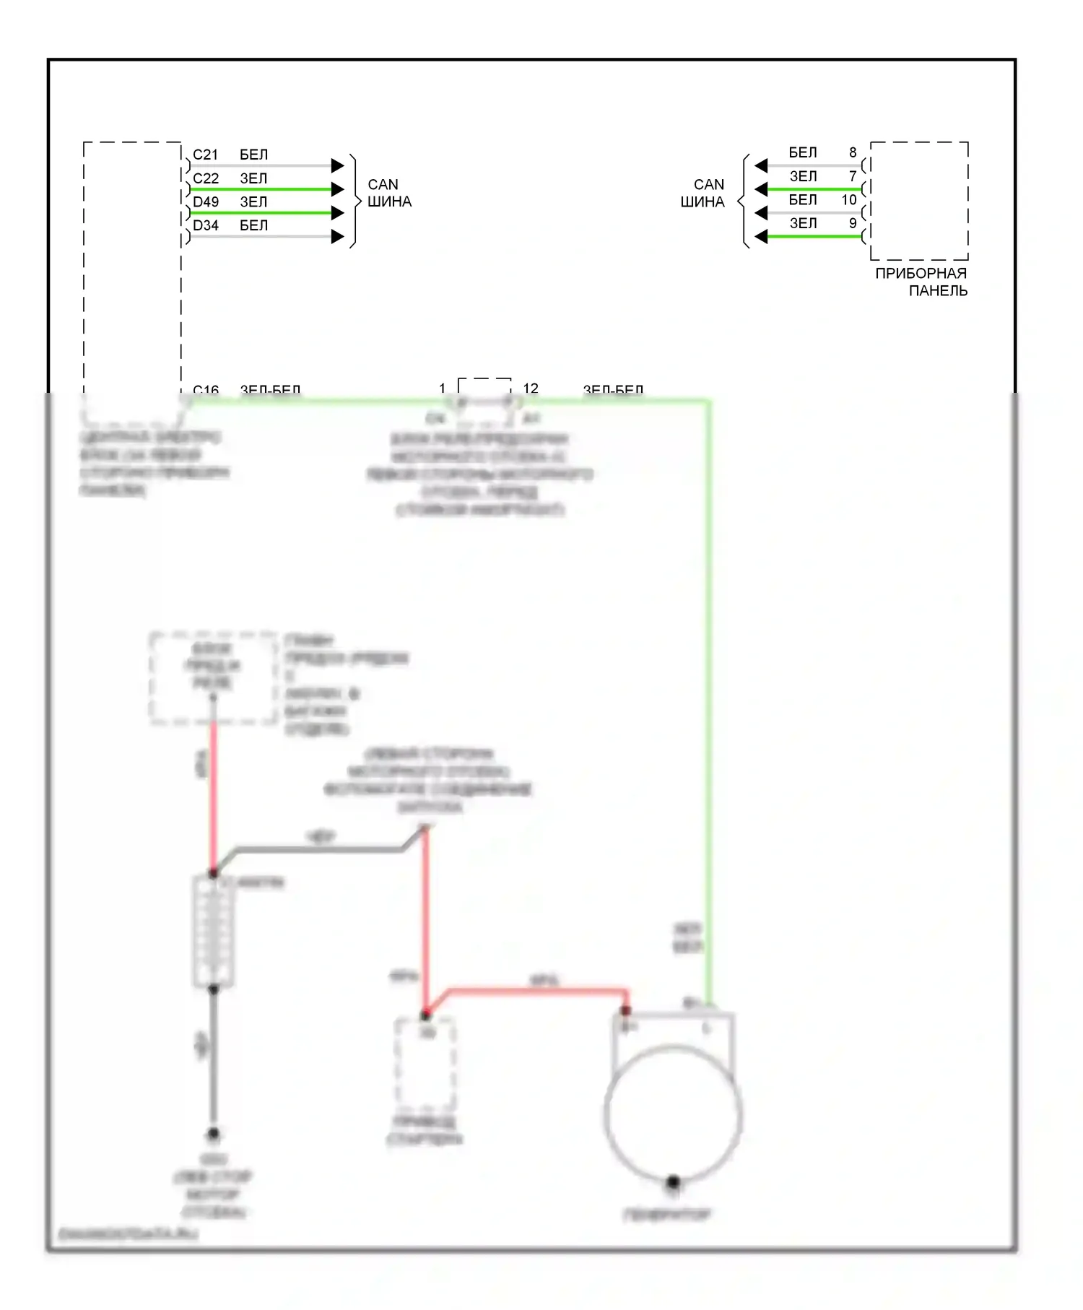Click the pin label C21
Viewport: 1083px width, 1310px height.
[205, 155]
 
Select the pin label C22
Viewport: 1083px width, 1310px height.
[205, 178]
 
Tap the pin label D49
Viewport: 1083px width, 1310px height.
[205, 201]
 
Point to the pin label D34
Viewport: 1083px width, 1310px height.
[205, 225]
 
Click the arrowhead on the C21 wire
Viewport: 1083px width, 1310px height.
[338, 165]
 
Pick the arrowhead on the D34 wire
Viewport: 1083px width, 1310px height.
[338, 236]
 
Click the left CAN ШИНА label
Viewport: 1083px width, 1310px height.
[389, 194]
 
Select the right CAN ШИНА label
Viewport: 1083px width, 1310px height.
[703, 194]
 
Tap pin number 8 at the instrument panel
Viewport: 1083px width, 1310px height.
[853, 152]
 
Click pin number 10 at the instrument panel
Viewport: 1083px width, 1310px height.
[849, 199]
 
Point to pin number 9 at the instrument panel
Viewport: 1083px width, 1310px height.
[853, 223]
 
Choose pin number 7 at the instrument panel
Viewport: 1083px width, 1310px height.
[853, 176]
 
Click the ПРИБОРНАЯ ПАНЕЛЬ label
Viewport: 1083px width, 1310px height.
[921, 282]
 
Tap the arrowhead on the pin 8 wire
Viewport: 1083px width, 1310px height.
[761, 165]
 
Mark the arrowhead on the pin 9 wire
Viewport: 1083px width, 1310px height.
[761, 236]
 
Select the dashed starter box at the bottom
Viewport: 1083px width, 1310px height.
[425, 1065]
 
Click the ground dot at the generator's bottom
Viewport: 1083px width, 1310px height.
[673, 1182]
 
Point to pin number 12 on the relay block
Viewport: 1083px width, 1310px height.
[531, 389]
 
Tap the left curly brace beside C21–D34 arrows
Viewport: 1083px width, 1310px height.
[354, 201]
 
